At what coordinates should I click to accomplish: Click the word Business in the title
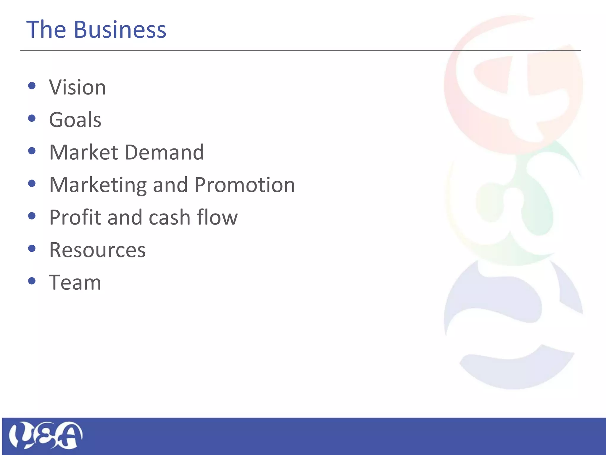pyautogui.click(x=120, y=30)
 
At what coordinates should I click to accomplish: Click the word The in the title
pyautogui.click(x=46, y=30)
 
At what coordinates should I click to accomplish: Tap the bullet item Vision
pyautogui.click(x=77, y=87)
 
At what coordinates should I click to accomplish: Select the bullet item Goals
pyautogui.click(x=75, y=120)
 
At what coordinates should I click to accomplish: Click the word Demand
pyautogui.click(x=164, y=152)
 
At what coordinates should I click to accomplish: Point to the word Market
pyautogui.click(x=83, y=152)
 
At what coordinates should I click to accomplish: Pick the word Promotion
pyautogui.click(x=245, y=185)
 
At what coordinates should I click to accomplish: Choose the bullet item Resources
pyautogui.click(x=97, y=250)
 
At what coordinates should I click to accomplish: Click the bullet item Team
pyautogui.click(x=75, y=282)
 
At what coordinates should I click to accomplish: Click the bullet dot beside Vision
pyautogui.click(x=32, y=86)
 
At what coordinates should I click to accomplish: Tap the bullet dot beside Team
pyautogui.click(x=32, y=281)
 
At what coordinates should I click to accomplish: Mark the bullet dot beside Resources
pyautogui.click(x=32, y=248)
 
